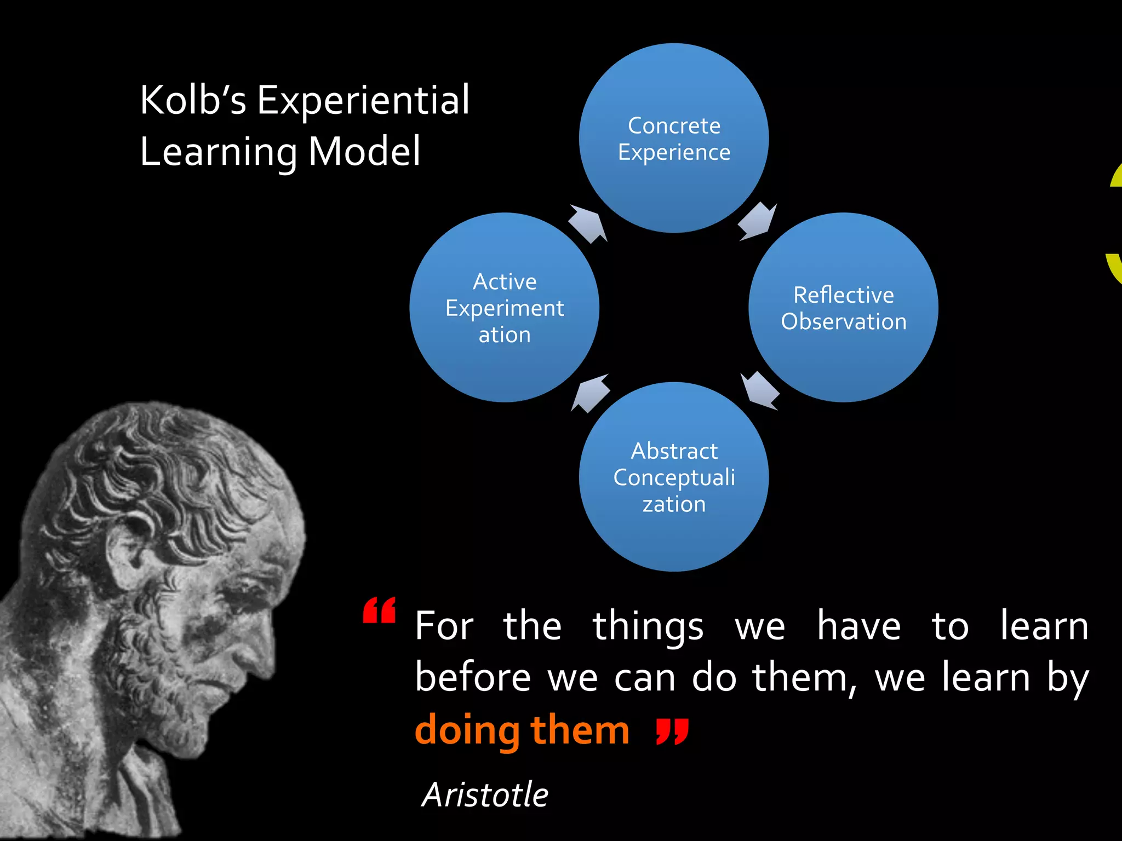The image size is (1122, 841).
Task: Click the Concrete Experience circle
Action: point(673,138)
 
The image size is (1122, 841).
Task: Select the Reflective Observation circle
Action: point(843,307)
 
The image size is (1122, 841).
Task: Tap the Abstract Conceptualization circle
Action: point(673,477)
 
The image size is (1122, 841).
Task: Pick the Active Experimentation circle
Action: point(504,307)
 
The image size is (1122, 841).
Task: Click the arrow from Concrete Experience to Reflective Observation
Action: point(758,221)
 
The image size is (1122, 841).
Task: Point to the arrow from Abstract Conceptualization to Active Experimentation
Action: point(591,393)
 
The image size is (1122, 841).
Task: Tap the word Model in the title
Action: point(364,152)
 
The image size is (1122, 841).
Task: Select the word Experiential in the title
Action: point(363,100)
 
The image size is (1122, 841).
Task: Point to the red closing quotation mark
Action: point(672,731)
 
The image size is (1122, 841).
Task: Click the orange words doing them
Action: point(522,730)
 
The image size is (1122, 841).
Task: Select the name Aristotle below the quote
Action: point(485,794)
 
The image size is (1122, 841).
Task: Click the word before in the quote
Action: point(472,678)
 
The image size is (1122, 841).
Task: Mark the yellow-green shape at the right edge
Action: point(1114,230)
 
